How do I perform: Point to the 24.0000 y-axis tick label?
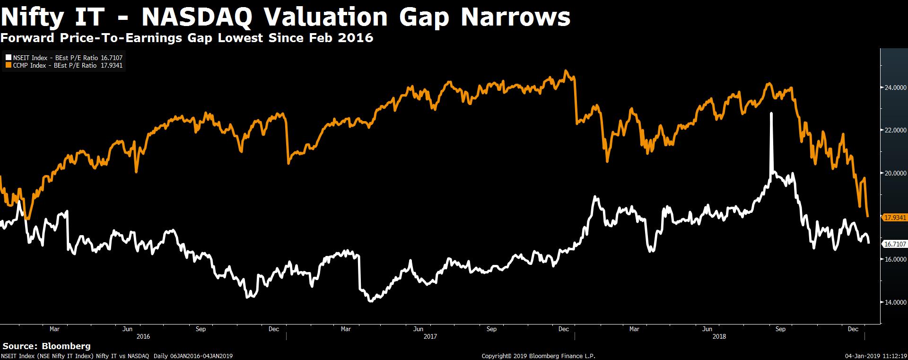pyautogui.click(x=893, y=88)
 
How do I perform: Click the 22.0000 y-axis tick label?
pyautogui.click(x=893, y=130)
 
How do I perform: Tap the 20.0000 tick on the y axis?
pyautogui.click(x=893, y=173)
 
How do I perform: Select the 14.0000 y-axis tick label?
pyautogui.click(x=893, y=302)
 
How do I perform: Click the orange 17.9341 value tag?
pyautogui.click(x=894, y=218)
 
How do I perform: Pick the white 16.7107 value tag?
pyautogui.click(x=894, y=244)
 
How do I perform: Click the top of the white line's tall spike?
pyautogui.click(x=771, y=114)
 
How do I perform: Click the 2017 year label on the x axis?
pyautogui.click(x=430, y=337)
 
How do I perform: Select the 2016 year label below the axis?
pyautogui.click(x=143, y=337)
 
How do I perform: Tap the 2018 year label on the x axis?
pyautogui.click(x=719, y=337)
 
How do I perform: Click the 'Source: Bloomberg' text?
pyautogui.click(x=47, y=346)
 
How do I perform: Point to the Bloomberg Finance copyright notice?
pyautogui.click(x=538, y=356)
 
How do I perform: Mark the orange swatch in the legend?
pyautogui.click(x=8, y=66)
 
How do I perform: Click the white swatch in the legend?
pyautogui.click(x=8, y=58)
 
